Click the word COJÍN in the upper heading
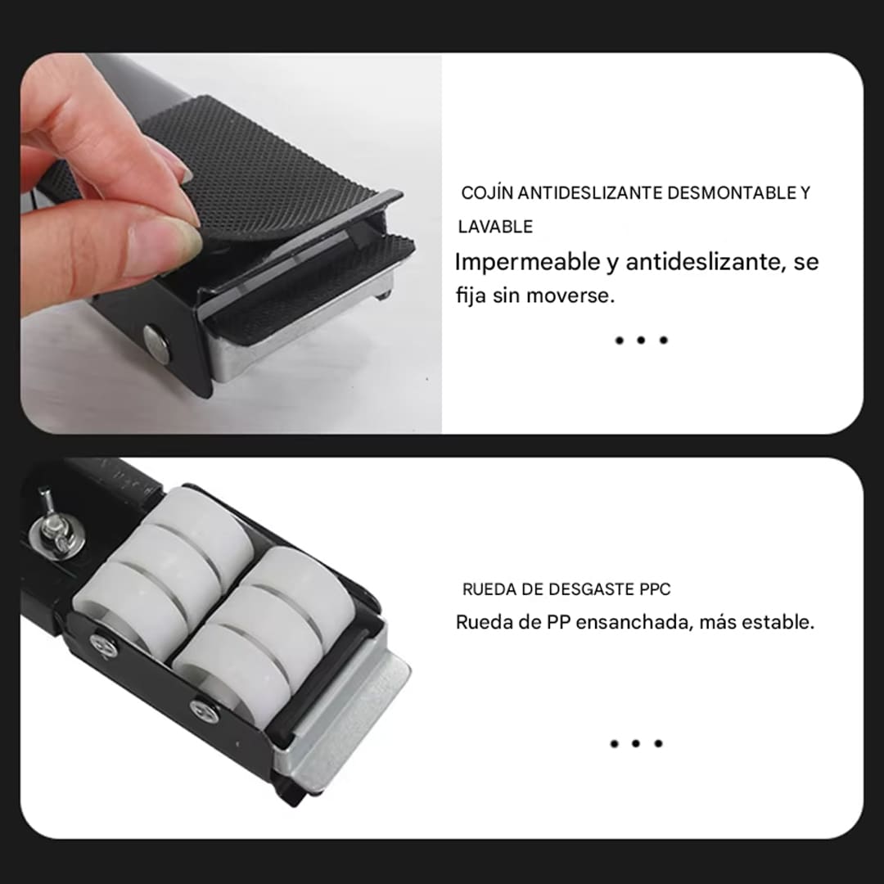(489, 194)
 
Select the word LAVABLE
(495, 227)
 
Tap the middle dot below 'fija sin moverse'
(642, 340)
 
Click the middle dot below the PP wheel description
(636, 743)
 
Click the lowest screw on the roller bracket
(204, 710)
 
